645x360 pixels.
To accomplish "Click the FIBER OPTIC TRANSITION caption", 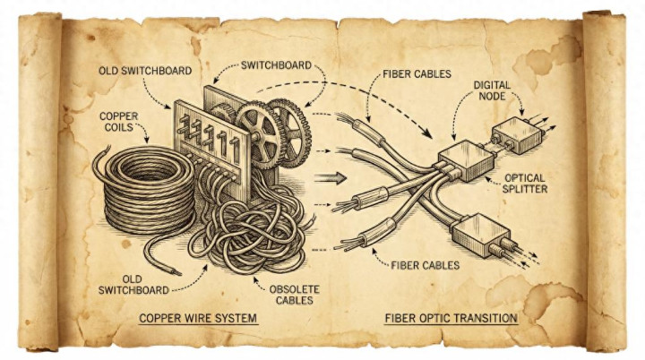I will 451,318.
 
